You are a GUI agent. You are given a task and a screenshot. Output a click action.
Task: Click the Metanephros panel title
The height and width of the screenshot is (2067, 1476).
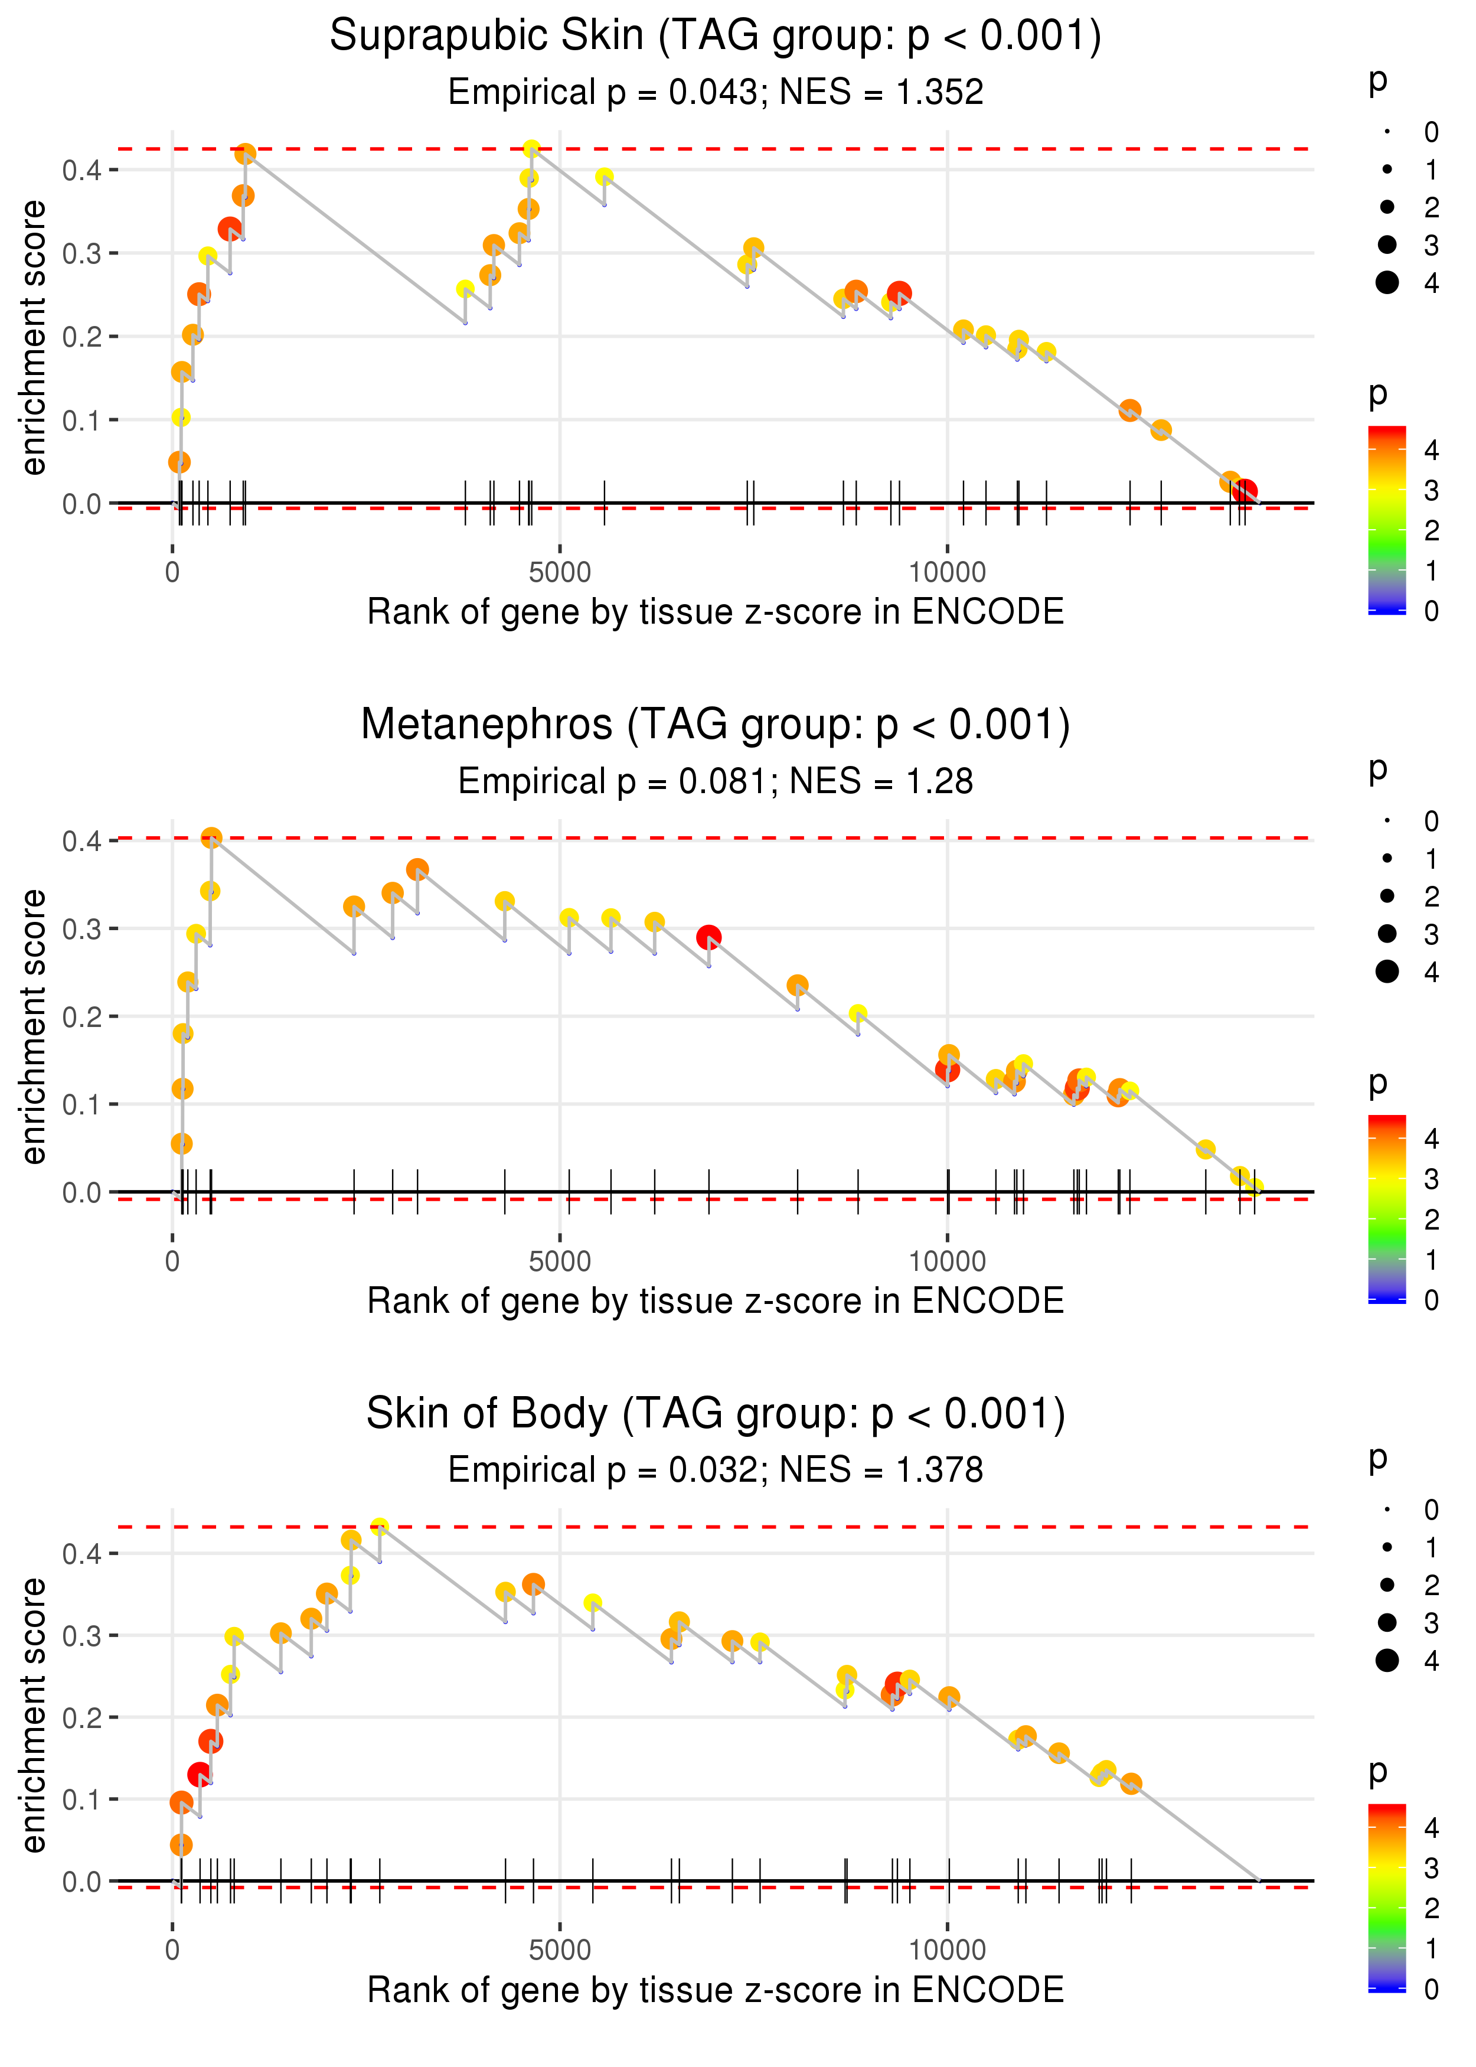click(716, 725)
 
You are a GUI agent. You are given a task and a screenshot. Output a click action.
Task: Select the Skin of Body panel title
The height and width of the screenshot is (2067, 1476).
click(716, 1413)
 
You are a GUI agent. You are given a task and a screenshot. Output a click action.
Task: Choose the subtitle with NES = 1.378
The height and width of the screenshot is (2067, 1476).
click(716, 1470)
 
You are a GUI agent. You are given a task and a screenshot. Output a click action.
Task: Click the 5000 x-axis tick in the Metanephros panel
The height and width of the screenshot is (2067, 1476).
click(560, 1261)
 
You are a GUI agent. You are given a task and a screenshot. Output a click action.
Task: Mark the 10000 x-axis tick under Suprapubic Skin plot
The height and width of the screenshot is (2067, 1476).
click(947, 573)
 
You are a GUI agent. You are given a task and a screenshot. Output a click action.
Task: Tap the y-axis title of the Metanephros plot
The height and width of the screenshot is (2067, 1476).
click(34, 1027)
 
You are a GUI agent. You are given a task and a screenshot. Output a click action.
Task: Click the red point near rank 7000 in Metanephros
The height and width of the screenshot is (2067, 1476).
click(709, 937)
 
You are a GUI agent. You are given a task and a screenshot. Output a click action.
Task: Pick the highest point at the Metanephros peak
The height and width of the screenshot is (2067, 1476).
click(211, 838)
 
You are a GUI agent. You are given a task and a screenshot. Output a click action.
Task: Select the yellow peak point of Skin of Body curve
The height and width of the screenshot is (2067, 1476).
click(380, 1526)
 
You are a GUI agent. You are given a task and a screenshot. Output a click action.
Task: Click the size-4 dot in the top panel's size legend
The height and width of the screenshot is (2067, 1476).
click(1387, 283)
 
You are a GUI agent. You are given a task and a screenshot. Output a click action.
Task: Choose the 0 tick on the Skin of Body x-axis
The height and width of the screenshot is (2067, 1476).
click(172, 1951)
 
